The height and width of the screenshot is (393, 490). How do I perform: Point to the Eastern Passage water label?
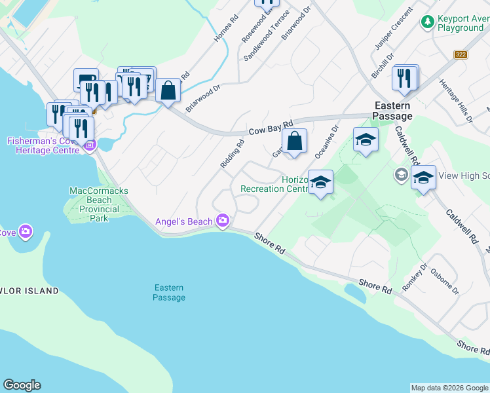point(169,293)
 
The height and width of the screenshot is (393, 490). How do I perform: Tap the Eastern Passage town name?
point(392,111)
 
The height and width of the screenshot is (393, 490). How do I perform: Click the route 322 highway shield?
point(461,54)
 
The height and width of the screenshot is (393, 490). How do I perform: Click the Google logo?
point(22,385)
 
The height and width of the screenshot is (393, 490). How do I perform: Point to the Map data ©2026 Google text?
point(449,388)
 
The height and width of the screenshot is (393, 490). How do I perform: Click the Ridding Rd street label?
point(233,153)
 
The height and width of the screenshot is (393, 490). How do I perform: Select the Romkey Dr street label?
point(415,279)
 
